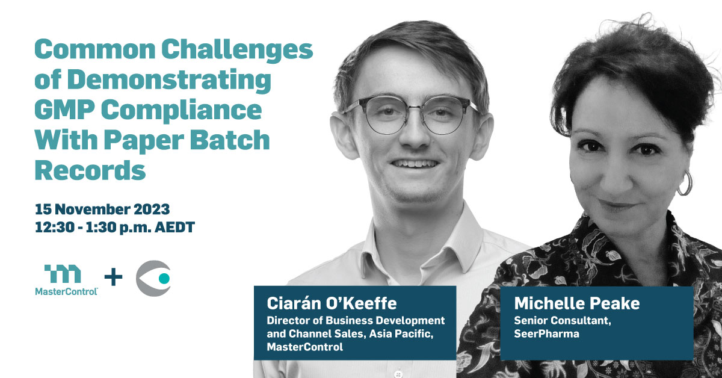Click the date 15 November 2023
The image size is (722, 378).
pos(102,209)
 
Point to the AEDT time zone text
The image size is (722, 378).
pos(174,228)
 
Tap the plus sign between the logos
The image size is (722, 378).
pos(114,277)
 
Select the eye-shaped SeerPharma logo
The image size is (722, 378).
pos(153,278)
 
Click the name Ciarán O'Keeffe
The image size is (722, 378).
pos(332,303)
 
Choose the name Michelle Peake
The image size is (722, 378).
pos(577,303)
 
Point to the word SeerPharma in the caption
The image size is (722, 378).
pos(547,333)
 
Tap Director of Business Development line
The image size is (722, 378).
pos(356,321)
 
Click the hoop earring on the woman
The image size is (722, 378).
pos(685,184)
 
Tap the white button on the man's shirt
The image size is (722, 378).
pos(398,373)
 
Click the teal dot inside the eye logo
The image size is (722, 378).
pos(164,278)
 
